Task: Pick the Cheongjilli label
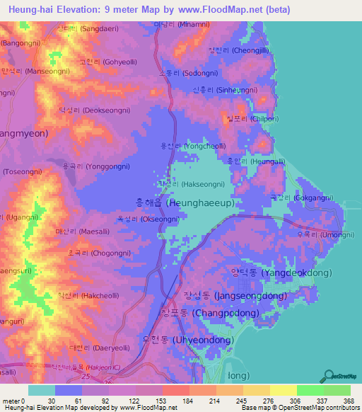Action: point(239,50)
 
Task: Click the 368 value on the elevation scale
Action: point(348,400)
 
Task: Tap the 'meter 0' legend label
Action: point(14,400)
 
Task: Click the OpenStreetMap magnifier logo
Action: point(327,375)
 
